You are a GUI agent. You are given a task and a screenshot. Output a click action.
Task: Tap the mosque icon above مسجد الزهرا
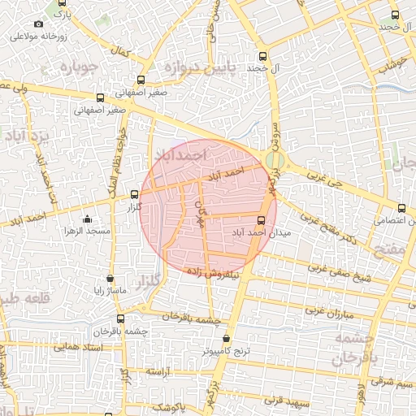tap(89, 219)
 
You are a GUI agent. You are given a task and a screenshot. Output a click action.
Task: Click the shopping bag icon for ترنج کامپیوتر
tap(227, 339)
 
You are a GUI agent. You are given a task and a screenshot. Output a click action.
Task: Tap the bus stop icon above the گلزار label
tap(135, 194)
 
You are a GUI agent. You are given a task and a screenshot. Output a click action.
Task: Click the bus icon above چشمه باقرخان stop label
tap(121, 318)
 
